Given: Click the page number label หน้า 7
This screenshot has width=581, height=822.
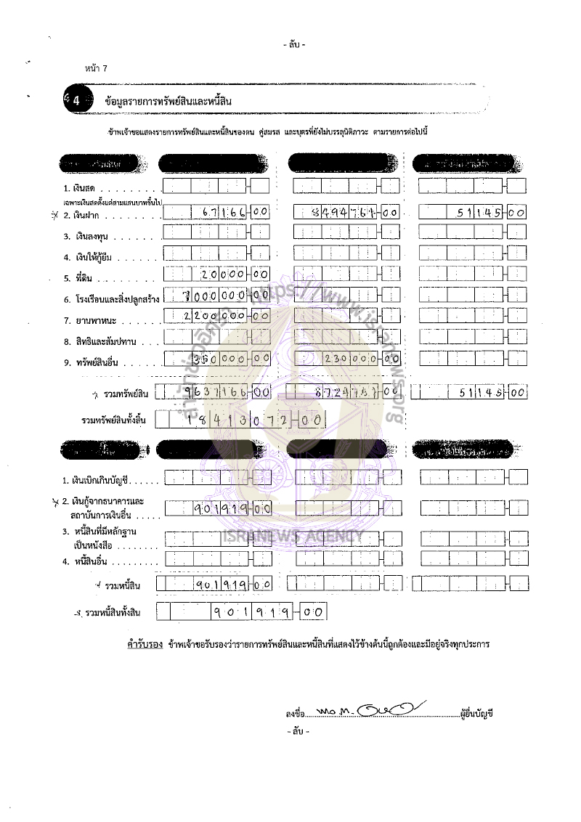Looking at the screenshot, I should [x=95, y=68].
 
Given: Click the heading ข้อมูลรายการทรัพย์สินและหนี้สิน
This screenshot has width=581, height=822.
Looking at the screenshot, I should [x=168, y=101].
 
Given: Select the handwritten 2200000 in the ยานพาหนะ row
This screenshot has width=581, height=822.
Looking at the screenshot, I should [x=214, y=317].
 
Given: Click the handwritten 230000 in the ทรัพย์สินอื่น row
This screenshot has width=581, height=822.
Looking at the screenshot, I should [x=350, y=359].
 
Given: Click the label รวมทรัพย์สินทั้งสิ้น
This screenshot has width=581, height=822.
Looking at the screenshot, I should [x=109, y=420].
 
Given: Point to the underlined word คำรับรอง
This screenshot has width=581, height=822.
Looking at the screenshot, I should [x=144, y=644].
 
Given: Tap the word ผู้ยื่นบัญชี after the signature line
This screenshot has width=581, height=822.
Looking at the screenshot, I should [x=477, y=715].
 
